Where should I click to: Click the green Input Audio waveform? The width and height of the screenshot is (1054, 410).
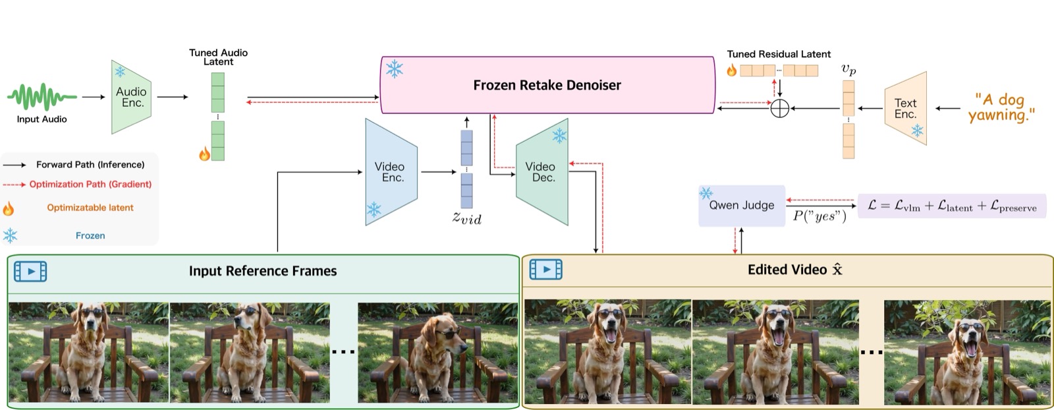click(42, 97)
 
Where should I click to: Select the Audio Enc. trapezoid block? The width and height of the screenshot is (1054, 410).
click(131, 97)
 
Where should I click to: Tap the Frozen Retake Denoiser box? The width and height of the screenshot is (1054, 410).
click(547, 85)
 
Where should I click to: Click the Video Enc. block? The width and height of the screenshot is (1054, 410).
click(391, 172)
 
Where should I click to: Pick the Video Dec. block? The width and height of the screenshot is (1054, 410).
click(542, 172)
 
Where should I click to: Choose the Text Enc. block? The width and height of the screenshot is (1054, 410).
click(906, 108)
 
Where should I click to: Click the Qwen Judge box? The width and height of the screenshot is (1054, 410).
click(742, 206)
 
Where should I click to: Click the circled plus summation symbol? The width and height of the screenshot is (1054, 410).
click(780, 108)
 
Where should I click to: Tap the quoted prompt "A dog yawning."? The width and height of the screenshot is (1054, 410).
click(1001, 107)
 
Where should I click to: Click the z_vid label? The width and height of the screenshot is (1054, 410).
click(467, 218)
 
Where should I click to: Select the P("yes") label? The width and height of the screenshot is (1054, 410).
click(819, 216)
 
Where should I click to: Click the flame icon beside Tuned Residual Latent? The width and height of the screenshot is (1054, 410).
click(732, 71)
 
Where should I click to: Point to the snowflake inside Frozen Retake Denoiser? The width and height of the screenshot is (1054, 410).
click(395, 69)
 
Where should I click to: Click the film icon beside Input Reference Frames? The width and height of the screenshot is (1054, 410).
click(30, 272)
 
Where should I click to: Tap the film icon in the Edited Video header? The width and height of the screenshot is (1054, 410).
click(546, 270)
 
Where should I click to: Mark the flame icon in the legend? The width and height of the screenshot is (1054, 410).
click(8, 208)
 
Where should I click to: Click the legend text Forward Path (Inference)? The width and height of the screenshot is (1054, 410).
click(90, 165)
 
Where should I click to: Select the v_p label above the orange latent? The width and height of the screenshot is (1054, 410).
click(848, 70)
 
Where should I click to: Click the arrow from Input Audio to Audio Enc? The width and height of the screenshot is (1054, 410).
click(94, 97)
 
